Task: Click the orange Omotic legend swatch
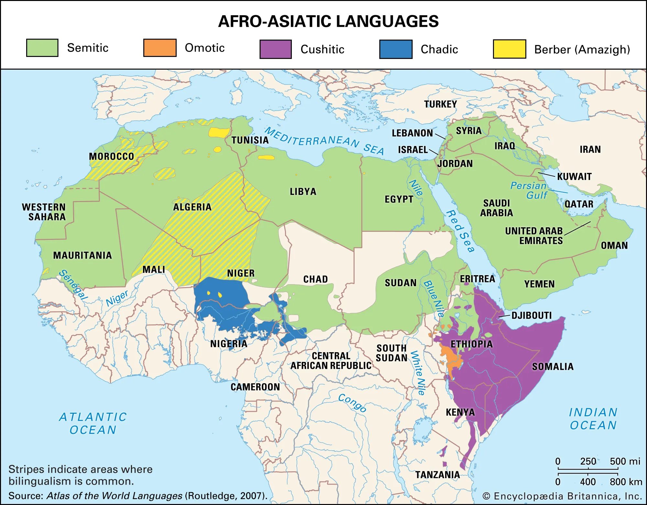pos(160,48)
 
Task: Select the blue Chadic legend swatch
pos(396,49)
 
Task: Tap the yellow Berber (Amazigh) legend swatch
pos(509,49)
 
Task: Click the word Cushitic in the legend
pos(322,49)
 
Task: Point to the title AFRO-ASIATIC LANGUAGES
pos(328,21)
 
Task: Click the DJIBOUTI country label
pos(531,315)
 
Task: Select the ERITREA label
pos(477,279)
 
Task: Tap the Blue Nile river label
pos(434,298)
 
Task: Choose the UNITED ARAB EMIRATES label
pos(534,236)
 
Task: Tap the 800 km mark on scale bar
pos(626,482)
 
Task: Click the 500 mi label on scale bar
pos(625,461)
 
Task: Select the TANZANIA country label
pos(437,475)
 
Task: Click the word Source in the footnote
pos(25,496)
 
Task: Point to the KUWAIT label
pos(574,176)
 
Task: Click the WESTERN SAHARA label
pos(44,212)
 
